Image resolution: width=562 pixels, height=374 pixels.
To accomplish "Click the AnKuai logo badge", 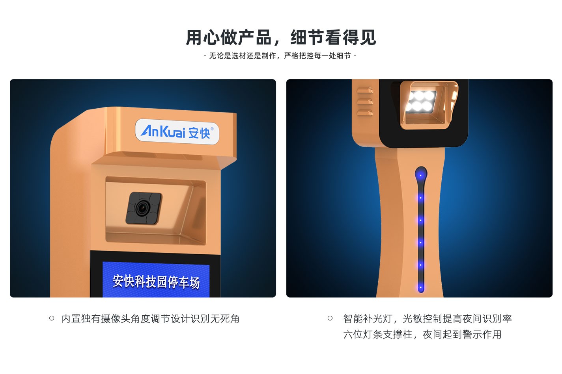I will pos(177,131).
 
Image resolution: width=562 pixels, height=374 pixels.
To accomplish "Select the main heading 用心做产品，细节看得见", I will pos(281,37).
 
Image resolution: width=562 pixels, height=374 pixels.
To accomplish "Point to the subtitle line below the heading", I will pos(280,56).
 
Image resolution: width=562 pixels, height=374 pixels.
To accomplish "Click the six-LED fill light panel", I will pos(421,101).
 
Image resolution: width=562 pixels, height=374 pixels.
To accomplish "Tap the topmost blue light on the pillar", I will pos(421,175).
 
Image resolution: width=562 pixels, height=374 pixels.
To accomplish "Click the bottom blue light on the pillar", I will pos(421,287).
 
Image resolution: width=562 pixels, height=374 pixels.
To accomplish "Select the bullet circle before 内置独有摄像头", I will pos(52,318).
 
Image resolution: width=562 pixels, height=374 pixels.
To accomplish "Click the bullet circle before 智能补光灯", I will pos(330,318).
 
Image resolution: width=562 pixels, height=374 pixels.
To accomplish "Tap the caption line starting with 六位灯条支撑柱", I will pos(422,334).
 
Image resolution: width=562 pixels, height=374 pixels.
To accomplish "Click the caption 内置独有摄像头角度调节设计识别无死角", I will pos(150,318).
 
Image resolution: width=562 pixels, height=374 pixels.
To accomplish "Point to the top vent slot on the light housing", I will pos(365,90).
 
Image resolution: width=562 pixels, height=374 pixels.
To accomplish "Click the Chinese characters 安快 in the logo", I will pos(199,133).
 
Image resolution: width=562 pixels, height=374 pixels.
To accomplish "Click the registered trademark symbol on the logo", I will pos(212,129).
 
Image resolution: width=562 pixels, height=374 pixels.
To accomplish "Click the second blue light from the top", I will pos(421,198).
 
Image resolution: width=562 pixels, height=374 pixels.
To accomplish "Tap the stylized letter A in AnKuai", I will pos(148,131).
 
